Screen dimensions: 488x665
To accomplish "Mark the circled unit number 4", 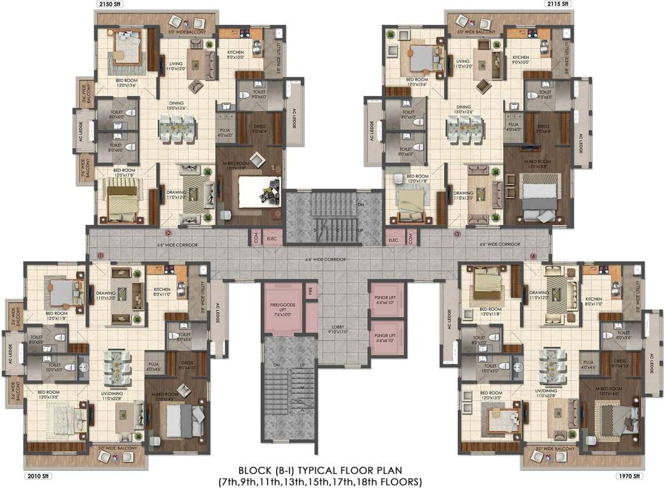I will pyautogui.click(x=533, y=256).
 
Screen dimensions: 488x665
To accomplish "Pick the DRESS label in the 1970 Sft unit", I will pyautogui.click(x=620, y=363).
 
